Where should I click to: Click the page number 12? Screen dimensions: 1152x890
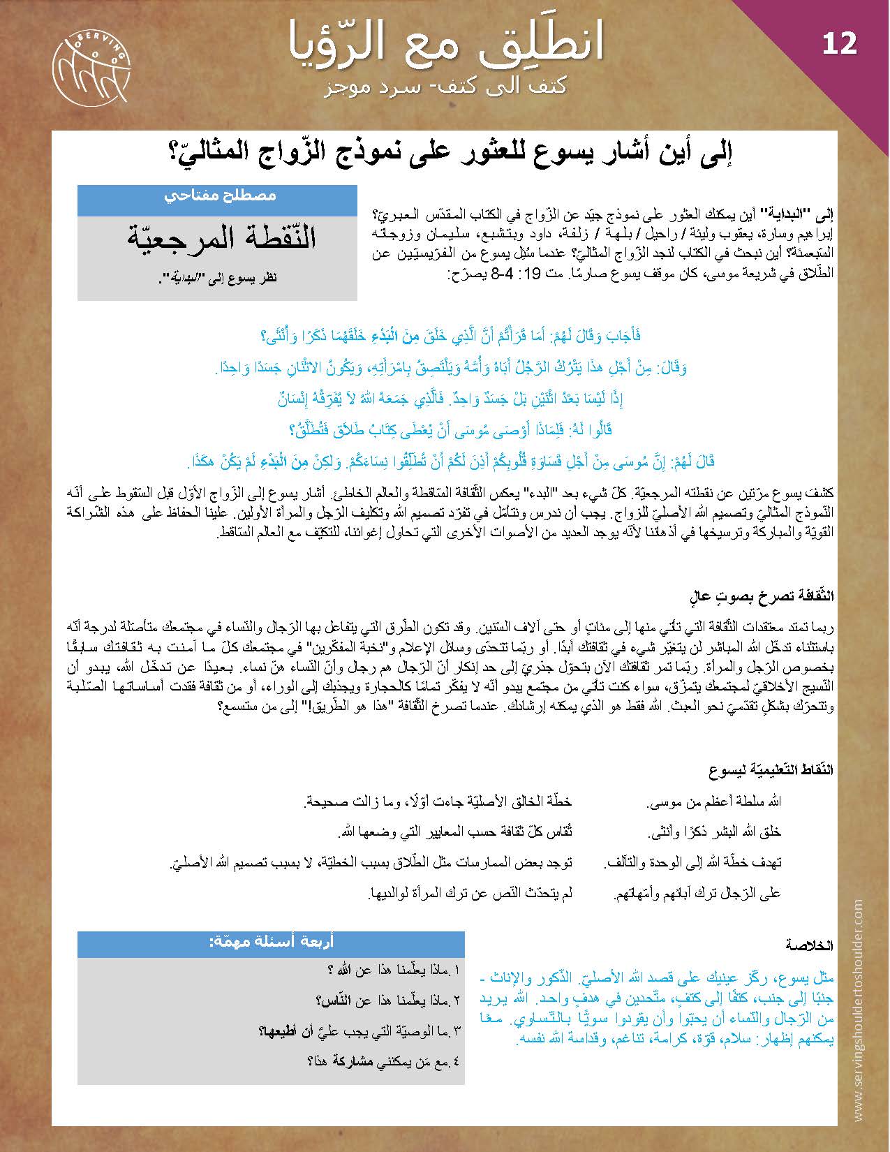click(839, 44)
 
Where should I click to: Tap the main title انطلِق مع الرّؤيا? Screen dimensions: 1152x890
click(445, 40)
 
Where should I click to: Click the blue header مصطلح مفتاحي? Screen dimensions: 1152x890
click(217, 196)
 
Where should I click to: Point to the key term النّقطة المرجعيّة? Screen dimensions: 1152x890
click(222, 238)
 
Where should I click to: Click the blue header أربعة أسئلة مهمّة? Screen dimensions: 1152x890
click(271, 942)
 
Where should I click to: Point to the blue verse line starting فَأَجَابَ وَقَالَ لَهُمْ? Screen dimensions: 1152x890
click(451, 336)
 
